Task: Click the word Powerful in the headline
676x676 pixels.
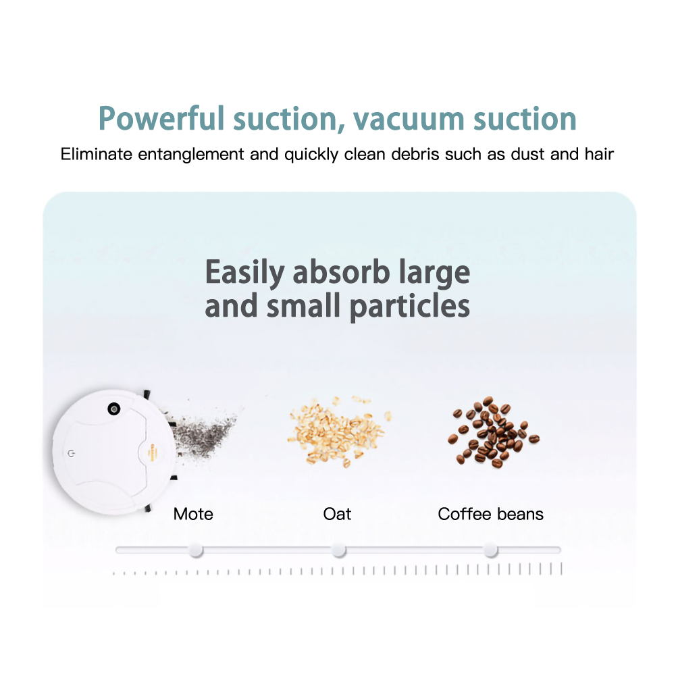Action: (161, 118)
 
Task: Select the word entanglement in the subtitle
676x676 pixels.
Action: (191, 155)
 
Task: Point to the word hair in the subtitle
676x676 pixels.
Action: (599, 154)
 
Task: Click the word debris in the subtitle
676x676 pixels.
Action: (414, 154)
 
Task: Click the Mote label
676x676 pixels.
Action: (193, 514)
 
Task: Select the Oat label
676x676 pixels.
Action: (337, 514)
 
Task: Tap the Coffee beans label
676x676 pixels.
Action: (490, 514)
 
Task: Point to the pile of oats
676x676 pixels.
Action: (338, 431)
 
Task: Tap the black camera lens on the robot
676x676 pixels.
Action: (114, 409)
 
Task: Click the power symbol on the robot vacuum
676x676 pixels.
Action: (72, 454)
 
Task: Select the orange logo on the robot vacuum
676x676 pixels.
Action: (152, 452)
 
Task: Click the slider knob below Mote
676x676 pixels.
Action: (196, 550)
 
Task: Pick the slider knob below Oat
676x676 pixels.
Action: (339, 550)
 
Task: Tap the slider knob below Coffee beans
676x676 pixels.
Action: (490, 550)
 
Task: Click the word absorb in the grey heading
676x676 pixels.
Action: (341, 272)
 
